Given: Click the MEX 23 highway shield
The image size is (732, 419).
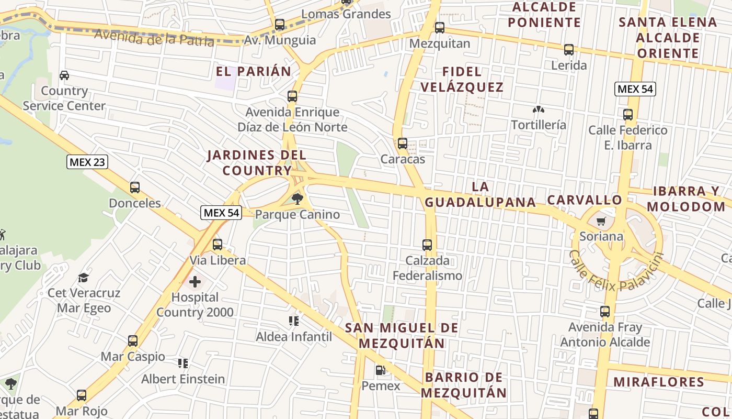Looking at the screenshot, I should pyautogui.click(x=87, y=162).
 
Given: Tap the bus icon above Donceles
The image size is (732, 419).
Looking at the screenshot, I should pyautogui.click(x=135, y=188).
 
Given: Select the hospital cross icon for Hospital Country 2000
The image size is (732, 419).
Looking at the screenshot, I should pyautogui.click(x=195, y=282).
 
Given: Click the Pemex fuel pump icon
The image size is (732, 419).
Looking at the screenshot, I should pyautogui.click(x=381, y=371).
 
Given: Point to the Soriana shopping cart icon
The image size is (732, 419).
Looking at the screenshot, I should pyautogui.click(x=601, y=221).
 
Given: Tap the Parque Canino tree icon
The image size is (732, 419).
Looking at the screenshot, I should pyautogui.click(x=298, y=199).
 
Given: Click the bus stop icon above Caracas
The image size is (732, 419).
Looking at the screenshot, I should pyautogui.click(x=403, y=144).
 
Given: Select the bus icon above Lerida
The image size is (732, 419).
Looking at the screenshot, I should pyautogui.click(x=569, y=50).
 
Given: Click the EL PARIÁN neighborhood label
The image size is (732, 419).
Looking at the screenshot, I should pyautogui.click(x=254, y=72).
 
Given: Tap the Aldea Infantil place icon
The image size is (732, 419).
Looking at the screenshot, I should pyautogui.click(x=293, y=321).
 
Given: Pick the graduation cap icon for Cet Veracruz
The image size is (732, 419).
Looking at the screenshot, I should pyautogui.click(x=84, y=277).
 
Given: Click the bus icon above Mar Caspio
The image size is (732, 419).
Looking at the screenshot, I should pyautogui.click(x=133, y=341).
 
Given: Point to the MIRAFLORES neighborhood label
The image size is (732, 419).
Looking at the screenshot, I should pyautogui.click(x=659, y=382).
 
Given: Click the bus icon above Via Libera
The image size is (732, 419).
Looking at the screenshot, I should pyautogui.click(x=218, y=245).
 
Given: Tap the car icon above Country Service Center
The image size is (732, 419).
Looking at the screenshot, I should pyautogui.click(x=64, y=75).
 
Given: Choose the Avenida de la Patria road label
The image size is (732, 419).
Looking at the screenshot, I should pyautogui.click(x=154, y=38).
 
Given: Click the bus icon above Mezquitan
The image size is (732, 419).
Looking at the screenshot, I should pyautogui.click(x=440, y=28).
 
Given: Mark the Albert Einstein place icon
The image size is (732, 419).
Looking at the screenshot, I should pyautogui.click(x=183, y=363).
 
